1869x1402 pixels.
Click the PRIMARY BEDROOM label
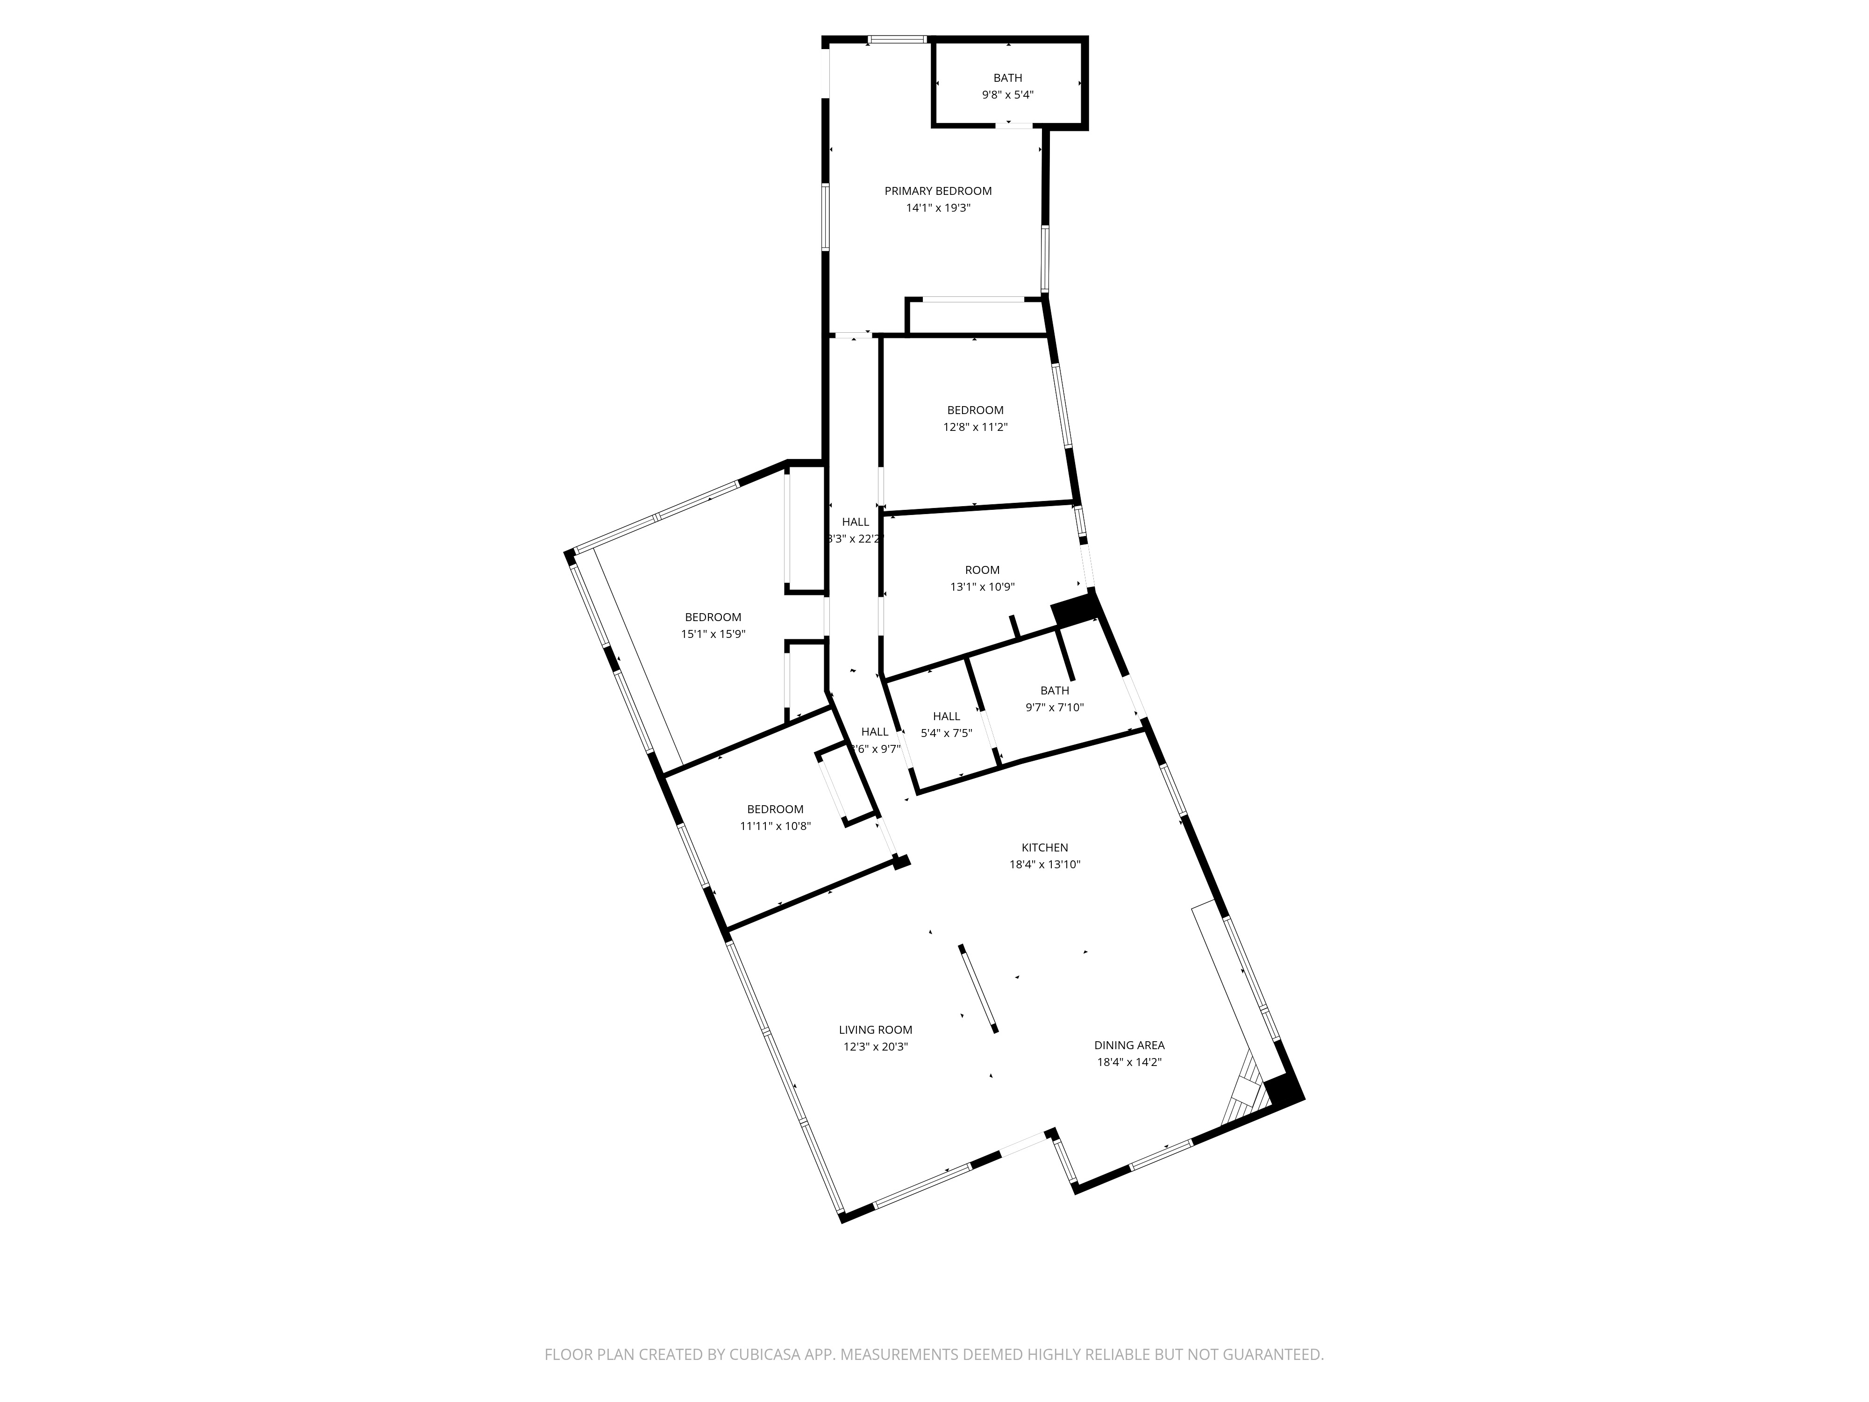click(x=938, y=191)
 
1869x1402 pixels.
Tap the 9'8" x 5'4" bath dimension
click(x=1007, y=95)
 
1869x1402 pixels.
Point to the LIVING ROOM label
click(x=875, y=1030)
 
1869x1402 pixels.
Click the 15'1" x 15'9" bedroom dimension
click(x=713, y=634)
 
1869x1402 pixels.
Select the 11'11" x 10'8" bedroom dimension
click(x=775, y=826)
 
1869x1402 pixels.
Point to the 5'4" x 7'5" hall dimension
click(x=946, y=733)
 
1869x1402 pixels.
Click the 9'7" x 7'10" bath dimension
click(x=1055, y=708)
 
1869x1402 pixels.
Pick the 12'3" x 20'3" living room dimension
click(x=875, y=1046)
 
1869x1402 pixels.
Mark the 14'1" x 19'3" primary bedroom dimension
click(x=938, y=208)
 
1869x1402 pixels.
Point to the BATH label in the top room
click(x=1007, y=78)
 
